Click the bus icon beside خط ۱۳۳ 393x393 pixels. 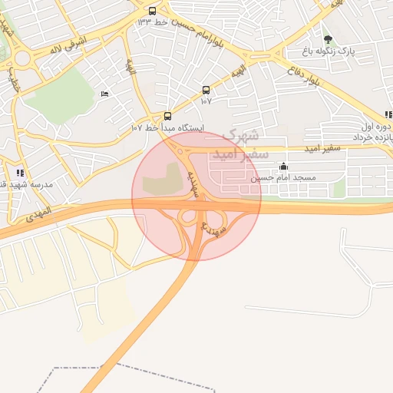pyautogui.click(x=152, y=11)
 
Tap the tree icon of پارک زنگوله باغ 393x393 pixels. pyautogui.click(x=329, y=39)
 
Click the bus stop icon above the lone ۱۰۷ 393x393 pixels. pyautogui.click(x=206, y=90)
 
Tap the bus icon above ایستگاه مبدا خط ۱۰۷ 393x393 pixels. pyautogui.click(x=168, y=116)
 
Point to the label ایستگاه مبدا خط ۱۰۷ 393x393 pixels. pyautogui.click(x=162, y=127)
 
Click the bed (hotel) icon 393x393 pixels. pyautogui.click(x=105, y=94)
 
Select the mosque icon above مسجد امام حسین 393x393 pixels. pyautogui.click(x=284, y=167)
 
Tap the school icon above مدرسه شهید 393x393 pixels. pyautogui.click(x=20, y=173)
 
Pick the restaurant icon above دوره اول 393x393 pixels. pyautogui.click(x=388, y=114)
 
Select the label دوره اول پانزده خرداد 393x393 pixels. pyautogui.click(x=376, y=130)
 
